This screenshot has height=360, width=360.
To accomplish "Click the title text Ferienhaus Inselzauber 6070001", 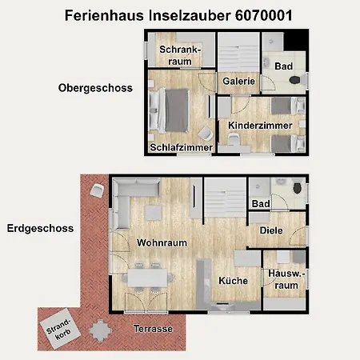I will point(177,15).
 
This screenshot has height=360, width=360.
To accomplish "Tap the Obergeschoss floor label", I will point(94,87).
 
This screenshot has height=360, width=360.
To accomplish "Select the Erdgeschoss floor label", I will point(40,228).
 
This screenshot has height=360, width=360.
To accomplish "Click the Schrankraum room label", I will point(179,55).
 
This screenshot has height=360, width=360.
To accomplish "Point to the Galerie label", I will point(238,82).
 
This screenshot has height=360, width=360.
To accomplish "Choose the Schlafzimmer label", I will point(181,148).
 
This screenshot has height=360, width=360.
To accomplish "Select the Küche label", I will point(234,281).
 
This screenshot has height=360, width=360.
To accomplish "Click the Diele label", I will point(271,230).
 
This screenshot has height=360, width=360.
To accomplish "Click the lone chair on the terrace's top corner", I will point(97,190).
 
